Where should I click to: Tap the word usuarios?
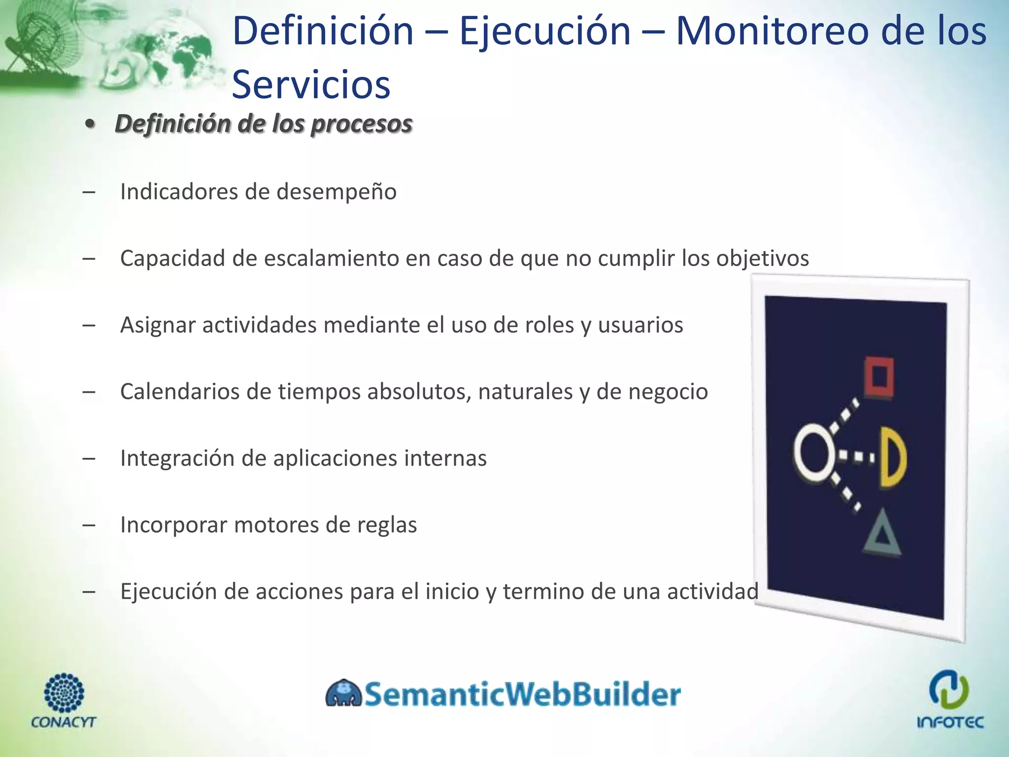point(640,325)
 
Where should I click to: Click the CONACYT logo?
point(64,700)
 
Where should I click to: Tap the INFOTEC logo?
point(950,699)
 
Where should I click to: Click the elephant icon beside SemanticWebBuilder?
point(343,693)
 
